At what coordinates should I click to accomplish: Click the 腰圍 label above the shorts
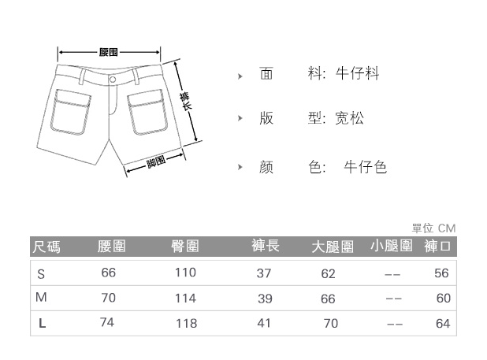(x=109, y=53)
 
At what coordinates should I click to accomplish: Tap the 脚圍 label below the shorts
(x=155, y=161)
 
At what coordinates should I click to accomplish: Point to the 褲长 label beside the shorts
(x=186, y=102)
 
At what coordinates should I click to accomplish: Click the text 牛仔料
(x=358, y=74)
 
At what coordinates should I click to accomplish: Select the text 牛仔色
(x=366, y=167)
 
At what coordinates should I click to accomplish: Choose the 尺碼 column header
(x=46, y=247)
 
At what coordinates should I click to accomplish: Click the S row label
(x=42, y=273)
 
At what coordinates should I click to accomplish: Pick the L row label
(x=42, y=324)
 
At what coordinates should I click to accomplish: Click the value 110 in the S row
(x=185, y=273)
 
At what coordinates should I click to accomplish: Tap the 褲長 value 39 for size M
(x=264, y=299)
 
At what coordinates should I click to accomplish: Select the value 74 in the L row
(x=108, y=323)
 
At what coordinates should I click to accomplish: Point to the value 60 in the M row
(x=443, y=299)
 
